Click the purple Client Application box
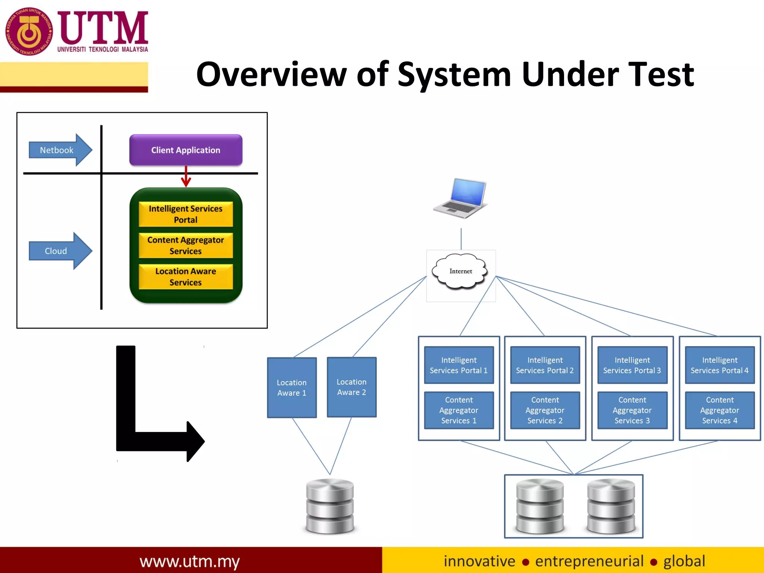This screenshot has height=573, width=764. [x=186, y=150]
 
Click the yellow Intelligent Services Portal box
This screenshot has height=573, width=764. [x=186, y=214]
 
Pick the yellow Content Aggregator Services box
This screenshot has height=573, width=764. [x=186, y=245]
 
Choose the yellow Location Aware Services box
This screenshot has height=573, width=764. [x=186, y=277]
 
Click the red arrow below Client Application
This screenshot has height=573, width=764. [x=186, y=177]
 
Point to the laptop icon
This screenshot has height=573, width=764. [x=461, y=198]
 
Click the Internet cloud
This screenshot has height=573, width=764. [x=460, y=272]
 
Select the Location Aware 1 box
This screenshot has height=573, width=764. [x=292, y=388]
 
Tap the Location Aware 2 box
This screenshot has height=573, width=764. [x=351, y=387]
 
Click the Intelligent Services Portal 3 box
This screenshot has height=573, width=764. [x=632, y=365]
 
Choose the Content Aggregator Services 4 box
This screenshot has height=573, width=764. [x=720, y=410]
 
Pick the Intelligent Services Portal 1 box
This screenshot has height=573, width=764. [x=459, y=365]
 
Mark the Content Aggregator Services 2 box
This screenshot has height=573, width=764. [x=545, y=410]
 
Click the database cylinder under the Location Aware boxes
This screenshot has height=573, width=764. [x=330, y=506]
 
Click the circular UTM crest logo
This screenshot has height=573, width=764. [x=29, y=32]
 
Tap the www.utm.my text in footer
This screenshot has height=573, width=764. [x=190, y=561]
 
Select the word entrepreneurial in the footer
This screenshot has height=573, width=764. [x=589, y=561]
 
